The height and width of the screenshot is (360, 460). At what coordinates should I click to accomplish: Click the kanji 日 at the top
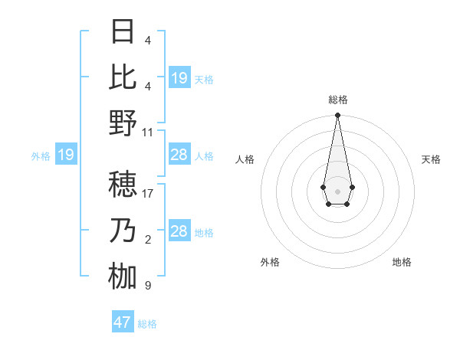click(x=123, y=33)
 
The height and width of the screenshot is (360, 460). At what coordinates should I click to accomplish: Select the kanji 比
click(x=123, y=77)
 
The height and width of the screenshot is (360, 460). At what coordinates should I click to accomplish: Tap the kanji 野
click(x=123, y=123)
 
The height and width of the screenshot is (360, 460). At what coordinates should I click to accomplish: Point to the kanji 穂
click(x=123, y=185)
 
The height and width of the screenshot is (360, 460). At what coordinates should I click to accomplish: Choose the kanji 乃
click(x=123, y=231)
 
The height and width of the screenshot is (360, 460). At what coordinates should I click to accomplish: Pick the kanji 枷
click(x=123, y=276)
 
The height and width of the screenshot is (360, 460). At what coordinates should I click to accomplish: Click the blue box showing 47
click(x=123, y=322)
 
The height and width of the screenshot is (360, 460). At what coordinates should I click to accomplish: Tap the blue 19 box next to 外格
click(x=65, y=155)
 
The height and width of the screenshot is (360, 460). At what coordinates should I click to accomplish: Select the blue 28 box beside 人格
click(x=179, y=155)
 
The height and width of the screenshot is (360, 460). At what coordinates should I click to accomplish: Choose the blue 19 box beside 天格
click(x=179, y=77)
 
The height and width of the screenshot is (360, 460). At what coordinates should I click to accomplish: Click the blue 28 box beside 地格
click(x=179, y=231)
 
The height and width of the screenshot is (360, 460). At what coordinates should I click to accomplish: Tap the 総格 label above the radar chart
click(x=337, y=100)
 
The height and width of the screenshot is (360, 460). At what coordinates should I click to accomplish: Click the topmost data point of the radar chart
click(x=337, y=116)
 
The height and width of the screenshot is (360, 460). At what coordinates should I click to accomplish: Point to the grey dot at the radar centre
click(x=337, y=190)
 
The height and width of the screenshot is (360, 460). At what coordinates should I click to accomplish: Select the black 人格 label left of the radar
click(x=245, y=160)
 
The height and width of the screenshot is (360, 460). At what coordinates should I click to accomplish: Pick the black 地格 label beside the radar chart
click(x=402, y=262)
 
